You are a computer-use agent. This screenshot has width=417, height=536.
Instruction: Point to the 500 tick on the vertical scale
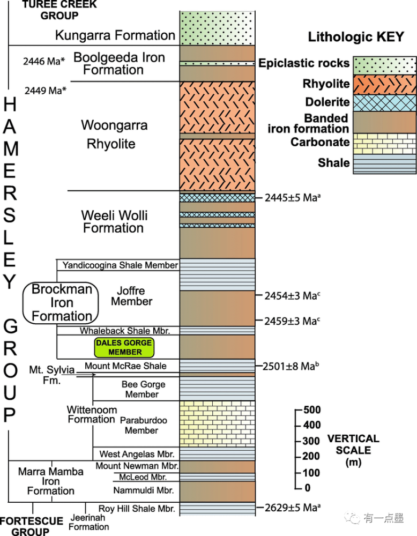click(x=299, y=411)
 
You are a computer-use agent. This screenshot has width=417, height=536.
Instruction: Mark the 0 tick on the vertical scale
click(x=299, y=488)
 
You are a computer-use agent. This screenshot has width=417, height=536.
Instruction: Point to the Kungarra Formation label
click(x=115, y=36)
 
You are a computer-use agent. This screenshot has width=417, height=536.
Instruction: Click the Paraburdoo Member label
click(x=142, y=425)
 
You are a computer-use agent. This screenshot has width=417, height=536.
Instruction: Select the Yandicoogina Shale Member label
click(x=120, y=265)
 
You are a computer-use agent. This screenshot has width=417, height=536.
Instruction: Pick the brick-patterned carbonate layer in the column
click(x=217, y=423)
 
